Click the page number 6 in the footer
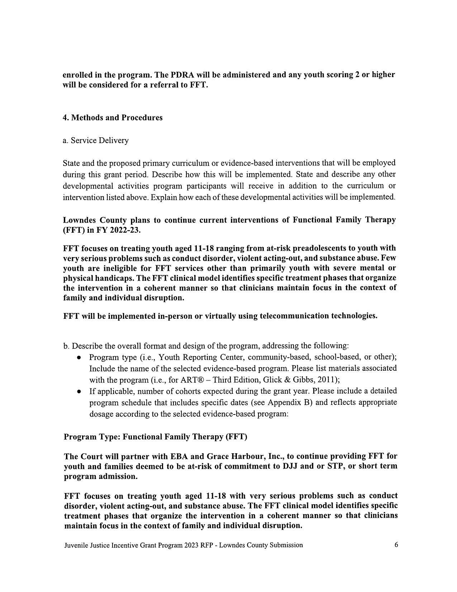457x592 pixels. tap(396, 545)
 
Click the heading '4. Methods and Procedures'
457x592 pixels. tap(113, 118)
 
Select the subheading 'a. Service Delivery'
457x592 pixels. tap(95, 141)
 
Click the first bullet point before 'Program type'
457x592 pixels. tap(79, 358)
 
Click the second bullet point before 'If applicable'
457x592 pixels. tap(79, 391)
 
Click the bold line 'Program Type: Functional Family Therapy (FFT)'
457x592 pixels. tap(155, 437)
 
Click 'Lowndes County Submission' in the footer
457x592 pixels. tap(261, 545)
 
